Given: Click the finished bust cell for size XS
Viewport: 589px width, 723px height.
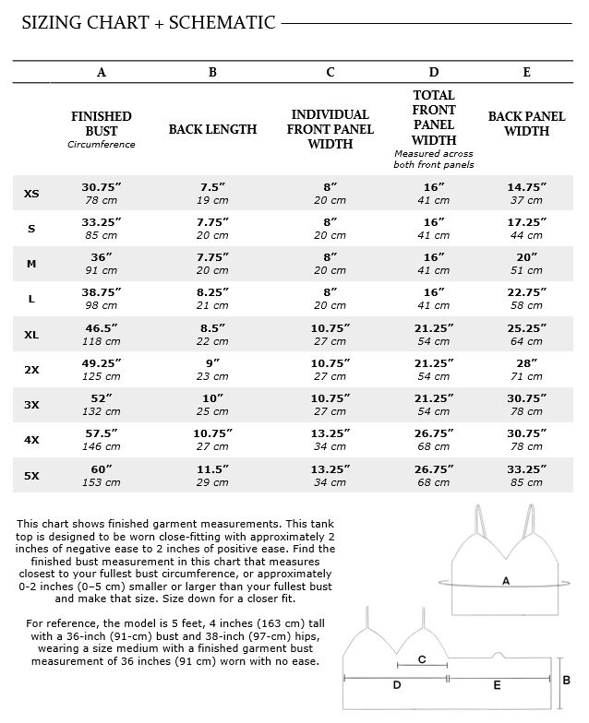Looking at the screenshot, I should tap(102, 194).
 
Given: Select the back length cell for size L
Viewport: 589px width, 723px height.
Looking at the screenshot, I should tap(212, 299).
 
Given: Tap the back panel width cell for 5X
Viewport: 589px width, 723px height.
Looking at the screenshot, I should tap(526, 475).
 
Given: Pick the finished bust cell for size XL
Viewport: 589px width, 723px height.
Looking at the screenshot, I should tap(102, 334).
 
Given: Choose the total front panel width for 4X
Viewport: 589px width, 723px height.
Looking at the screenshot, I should tap(434, 440).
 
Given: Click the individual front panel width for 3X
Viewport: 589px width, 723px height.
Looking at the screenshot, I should tap(330, 405).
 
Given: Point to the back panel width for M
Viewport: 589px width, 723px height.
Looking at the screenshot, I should tap(526, 264).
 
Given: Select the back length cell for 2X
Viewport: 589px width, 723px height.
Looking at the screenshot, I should tap(212, 369).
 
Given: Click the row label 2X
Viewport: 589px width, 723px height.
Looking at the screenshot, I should tap(31, 370).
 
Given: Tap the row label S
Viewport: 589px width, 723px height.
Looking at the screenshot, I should tap(31, 229).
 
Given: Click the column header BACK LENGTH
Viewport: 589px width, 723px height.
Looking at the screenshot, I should tap(212, 130).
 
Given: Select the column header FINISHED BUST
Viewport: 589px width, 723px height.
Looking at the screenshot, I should tap(102, 124).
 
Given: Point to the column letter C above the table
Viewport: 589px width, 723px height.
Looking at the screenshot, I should tap(330, 72).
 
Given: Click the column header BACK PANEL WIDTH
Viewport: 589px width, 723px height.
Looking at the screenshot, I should tap(526, 124).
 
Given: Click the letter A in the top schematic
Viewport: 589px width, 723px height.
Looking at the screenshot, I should tap(505, 581).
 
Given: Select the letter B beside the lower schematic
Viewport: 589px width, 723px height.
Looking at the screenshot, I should tap(566, 680).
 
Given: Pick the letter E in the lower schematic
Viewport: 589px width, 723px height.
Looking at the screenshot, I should tap(497, 686).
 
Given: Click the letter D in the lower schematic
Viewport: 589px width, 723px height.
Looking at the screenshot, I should tap(397, 686).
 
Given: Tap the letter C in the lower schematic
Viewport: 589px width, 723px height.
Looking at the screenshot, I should tap(422, 659).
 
